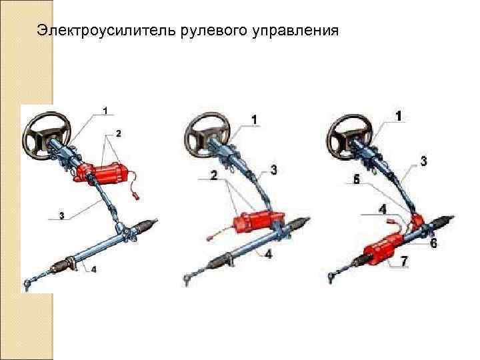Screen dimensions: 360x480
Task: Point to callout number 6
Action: tap(434, 243)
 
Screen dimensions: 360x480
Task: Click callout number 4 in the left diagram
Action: tap(93, 270)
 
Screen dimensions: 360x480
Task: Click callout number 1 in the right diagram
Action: tap(399, 116)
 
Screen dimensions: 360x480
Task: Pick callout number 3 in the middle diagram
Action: tap(273, 171)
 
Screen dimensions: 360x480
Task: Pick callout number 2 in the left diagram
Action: tap(118, 133)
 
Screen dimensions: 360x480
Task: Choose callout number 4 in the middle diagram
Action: tap(267, 254)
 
